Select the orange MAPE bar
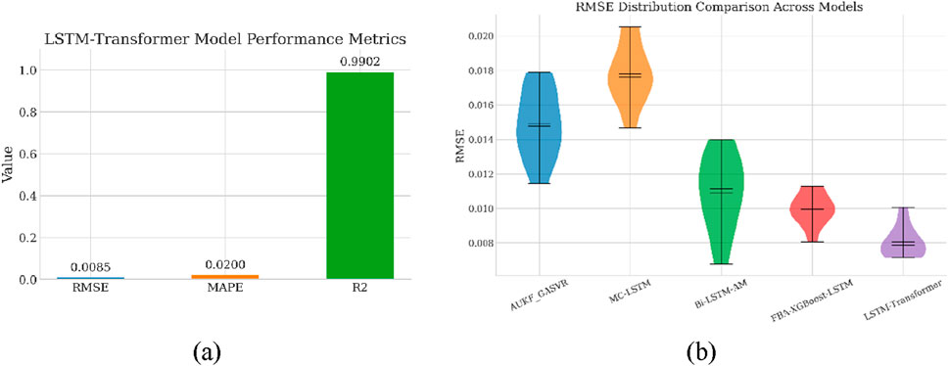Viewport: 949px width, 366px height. pyautogui.click(x=227, y=277)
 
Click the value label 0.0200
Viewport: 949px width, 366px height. pyautogui.click(x=227, y=264)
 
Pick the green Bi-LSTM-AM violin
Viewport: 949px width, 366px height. pyautogui.click(x=721, y=196)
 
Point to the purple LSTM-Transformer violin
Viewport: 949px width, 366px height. pyautogui.click(x=902, y=240)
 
